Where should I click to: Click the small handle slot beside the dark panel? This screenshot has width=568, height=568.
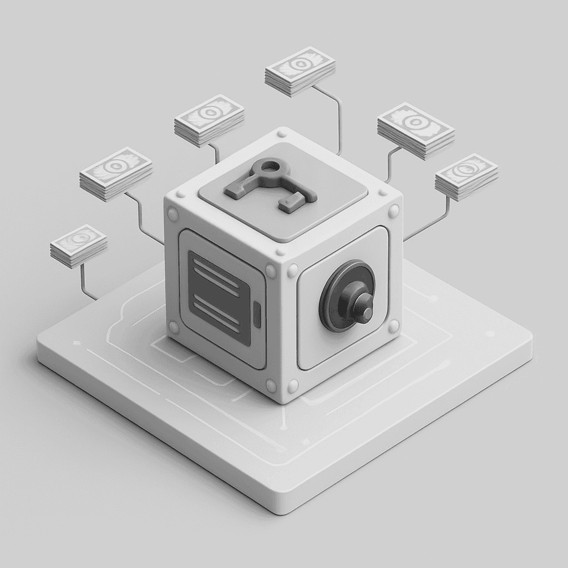click(x=257, y=313)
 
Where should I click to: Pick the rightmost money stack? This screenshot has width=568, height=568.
click(x=466, y=176)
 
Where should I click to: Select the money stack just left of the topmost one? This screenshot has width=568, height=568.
click(x=209, y=119)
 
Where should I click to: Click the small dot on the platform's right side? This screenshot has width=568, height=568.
click(x=490, y=334)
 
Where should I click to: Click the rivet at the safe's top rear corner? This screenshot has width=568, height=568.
click(x=281, y=133)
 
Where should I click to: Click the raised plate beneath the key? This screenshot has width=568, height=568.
click(x=333, y=183)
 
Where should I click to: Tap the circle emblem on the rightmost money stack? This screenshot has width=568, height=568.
click(x=465, y=168)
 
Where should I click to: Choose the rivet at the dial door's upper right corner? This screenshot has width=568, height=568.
click(x=393, y=211)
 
